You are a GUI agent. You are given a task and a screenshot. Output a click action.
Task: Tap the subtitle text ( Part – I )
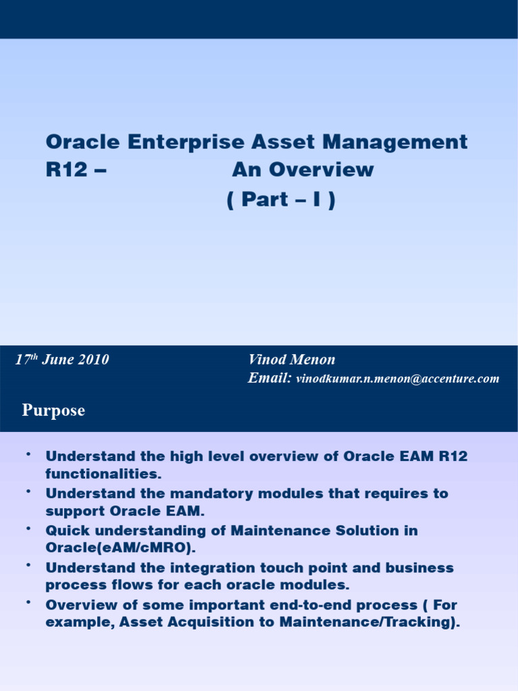281,201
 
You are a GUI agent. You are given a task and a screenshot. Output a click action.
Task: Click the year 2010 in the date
94,360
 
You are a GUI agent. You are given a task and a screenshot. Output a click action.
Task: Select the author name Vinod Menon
291,360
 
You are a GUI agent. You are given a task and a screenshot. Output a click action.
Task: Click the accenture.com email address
397,379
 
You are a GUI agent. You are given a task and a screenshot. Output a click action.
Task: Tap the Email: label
269,379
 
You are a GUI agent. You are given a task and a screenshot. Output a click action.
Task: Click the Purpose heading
53,410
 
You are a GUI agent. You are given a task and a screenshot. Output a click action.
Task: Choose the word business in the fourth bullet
419,568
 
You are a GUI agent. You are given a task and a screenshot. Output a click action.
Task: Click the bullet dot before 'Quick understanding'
28,528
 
